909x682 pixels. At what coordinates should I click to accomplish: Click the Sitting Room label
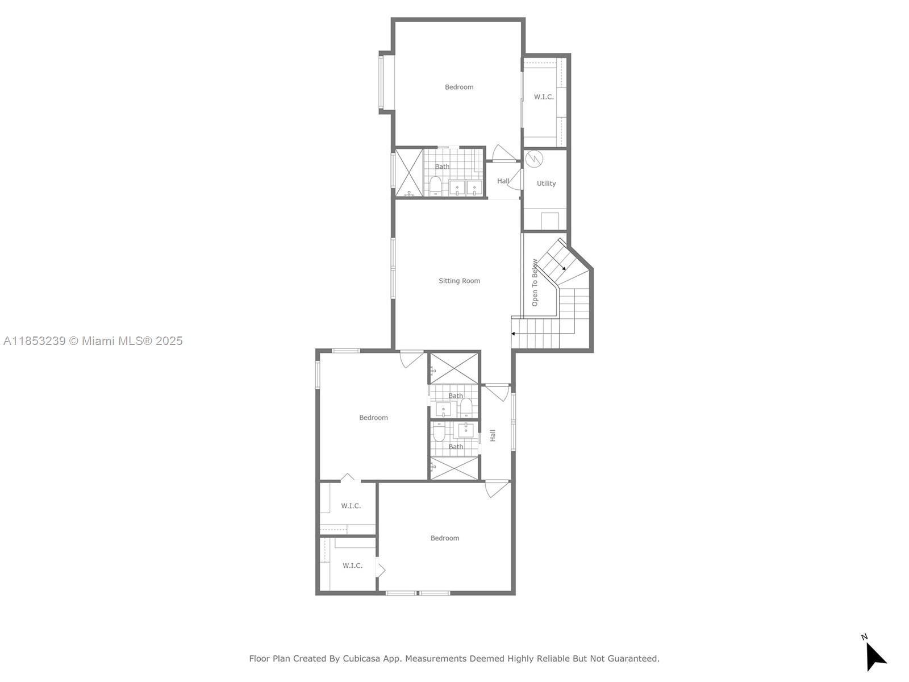(x=459, y=281)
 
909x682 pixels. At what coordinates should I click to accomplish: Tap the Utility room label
(x=546, y=184)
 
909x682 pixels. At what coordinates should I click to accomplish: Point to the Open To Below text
(x=535, y=282)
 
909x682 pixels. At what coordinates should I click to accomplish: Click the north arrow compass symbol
(x=875, y=656)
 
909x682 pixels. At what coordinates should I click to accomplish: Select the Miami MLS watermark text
(x=93, y=341)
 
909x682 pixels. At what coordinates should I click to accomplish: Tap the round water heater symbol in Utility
(x=534, y=159)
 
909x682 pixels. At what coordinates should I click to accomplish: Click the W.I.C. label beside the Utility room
(x=544, y=97)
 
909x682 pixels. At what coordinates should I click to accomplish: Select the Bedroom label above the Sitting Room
(x=459, y=87)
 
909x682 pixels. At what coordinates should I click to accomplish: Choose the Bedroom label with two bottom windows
(x=445, y=538)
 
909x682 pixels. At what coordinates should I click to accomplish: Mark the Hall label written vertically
(x=493, y=435)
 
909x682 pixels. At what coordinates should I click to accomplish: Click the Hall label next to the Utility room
(x=503, y=181)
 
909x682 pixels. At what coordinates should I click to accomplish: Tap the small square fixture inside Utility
(x=549, y=220)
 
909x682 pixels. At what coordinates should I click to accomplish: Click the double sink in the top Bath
(x=465, y=188)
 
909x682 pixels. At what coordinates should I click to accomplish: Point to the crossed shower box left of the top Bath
(x=409, y=173)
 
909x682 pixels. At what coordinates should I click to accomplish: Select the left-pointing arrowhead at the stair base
(x=513, y=334)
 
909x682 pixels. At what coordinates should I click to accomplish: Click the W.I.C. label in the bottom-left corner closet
(x=352, y=565)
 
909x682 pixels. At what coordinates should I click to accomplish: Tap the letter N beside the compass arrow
(x=864, y=637)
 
